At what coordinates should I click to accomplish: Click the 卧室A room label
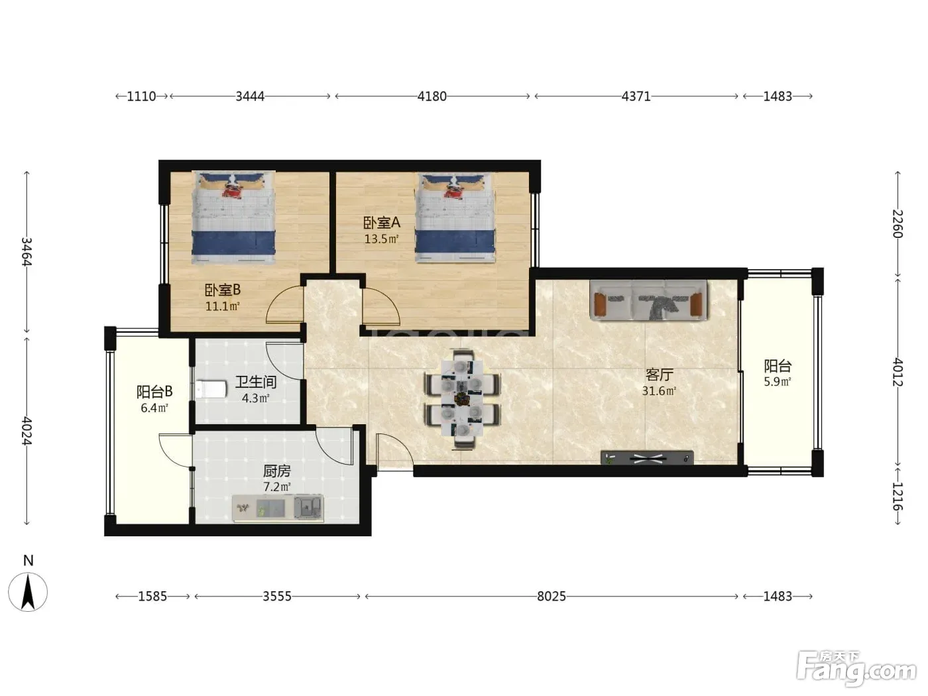(381, 222)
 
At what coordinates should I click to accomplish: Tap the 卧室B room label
(222, 290)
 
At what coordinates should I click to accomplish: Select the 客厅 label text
(659, 375)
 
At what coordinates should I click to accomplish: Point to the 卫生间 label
(256, 382)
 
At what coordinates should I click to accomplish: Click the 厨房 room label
(276, 471)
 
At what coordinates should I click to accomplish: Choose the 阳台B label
(154, 392)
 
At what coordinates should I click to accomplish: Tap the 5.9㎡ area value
(777, 382)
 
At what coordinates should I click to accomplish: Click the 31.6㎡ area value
(659, 391)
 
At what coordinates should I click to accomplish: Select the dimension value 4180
(432, 96)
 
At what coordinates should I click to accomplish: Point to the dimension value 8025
(551, 597)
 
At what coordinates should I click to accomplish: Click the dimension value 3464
(27, 252)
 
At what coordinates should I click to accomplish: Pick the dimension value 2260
(898, 224)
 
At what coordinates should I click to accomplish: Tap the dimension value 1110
(142, 96)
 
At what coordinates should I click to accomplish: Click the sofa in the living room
(648, 300)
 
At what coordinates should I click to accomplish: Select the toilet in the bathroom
(211, 389)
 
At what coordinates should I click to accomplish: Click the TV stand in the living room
(647, 457)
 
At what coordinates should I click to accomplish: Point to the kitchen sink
(309, 507)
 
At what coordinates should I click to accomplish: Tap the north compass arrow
(28, 592)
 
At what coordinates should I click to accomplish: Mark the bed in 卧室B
(234, 217)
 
